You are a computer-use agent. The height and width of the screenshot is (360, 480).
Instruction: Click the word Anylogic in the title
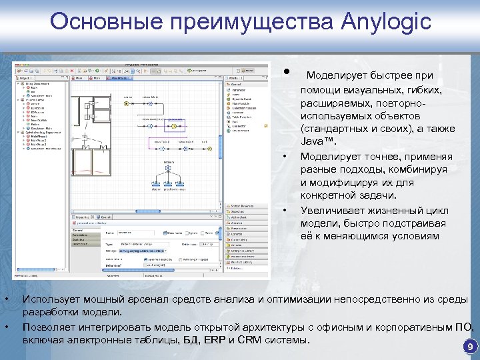click(x=385, y=23)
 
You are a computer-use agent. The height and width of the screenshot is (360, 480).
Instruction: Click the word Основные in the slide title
click(x=109, y=23)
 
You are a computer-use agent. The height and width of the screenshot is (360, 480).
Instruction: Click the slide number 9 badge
click(x=470, y=347)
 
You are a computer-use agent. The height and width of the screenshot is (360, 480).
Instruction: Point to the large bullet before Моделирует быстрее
click(x=285, y=72)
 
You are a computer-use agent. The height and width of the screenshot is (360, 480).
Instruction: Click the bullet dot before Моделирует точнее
click(x=285, y=157)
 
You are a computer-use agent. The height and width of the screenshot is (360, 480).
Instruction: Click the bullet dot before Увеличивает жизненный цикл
click(x=285, y=210)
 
